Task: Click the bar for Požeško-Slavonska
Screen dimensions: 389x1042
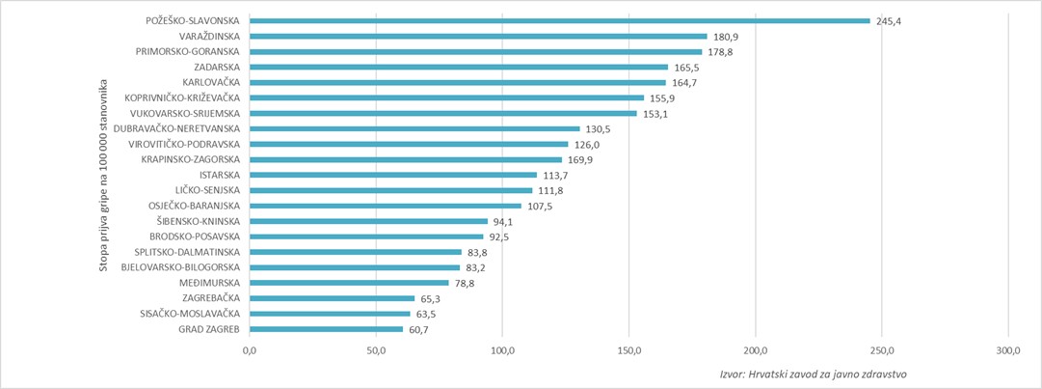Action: coord(559,20)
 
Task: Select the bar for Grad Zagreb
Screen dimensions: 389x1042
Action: coord(326,329)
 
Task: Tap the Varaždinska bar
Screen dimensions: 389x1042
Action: coord(478,36)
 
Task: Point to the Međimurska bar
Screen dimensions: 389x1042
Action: coord(349,283)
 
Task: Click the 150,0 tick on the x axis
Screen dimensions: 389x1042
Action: coord(628,349)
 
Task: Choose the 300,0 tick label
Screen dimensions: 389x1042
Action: coord(1008,349)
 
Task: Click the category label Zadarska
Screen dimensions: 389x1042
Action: coord(217,67)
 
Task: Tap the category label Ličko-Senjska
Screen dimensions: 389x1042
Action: coord(207,190)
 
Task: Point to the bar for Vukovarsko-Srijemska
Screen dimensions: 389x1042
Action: coord(442,113)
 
